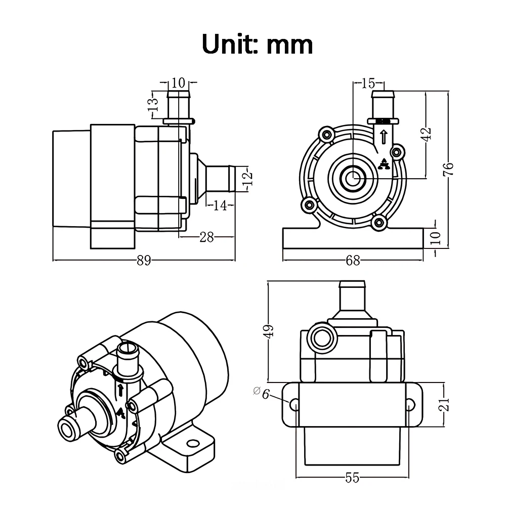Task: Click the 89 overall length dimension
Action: (x=144, y=261)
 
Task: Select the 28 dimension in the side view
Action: (x=206, y=237)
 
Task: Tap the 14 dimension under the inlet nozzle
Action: (x=220, y=205)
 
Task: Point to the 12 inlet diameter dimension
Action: (x=247, y=179)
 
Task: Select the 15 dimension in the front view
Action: (x=368, y=82)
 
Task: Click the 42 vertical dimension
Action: (x=427, y=134)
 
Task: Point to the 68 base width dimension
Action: (x=353, y=261)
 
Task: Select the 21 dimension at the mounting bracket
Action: (x=444, y=404)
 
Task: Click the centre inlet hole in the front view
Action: (x=352, y=178)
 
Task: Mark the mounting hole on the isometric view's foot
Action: (x=191, y=444)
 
